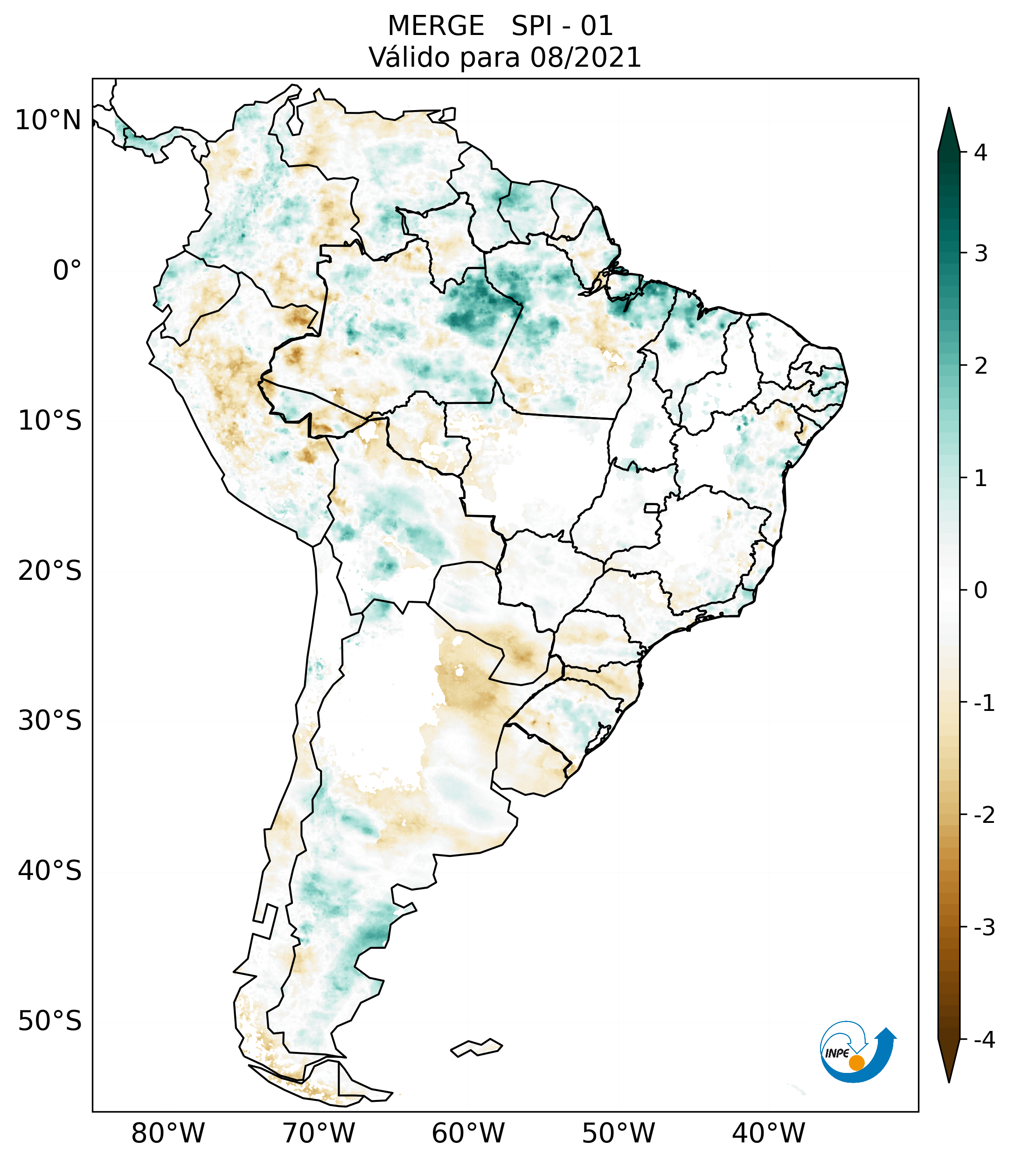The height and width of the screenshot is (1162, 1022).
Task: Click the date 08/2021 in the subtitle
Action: click(585, 57)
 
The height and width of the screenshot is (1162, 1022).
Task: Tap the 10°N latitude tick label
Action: click(48, 120)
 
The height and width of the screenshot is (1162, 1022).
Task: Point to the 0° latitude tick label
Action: click(67, 270)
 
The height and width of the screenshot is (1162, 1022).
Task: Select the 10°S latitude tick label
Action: click(50, 421)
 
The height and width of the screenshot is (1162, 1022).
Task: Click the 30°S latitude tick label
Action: click(50, 721)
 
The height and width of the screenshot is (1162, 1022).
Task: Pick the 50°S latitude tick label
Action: click(50, 1021)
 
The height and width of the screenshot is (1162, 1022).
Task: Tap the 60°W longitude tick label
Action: click(468, 1133)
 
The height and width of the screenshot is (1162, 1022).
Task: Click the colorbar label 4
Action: click(980, 153)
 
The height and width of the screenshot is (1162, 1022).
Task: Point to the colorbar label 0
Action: click(980, 591)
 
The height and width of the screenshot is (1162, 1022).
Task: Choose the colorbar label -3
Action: click(984, 927)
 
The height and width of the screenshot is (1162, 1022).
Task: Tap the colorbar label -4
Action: click(984, 1040)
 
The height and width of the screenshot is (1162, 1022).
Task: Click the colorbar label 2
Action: click(980, 366)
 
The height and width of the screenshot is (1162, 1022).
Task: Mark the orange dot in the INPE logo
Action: click(856, 1063)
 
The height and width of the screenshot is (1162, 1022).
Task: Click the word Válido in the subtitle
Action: click(405, 57)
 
